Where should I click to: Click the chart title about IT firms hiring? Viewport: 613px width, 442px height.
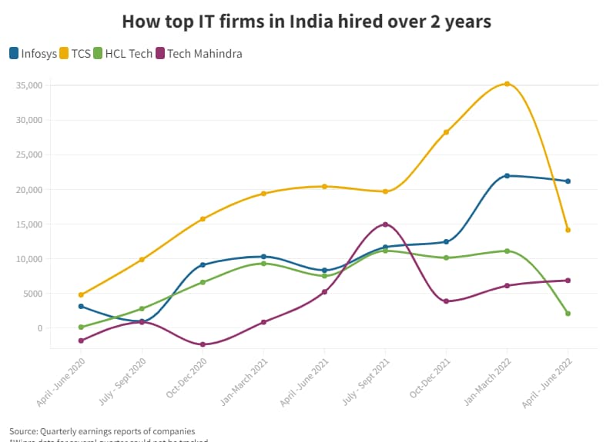click(x=306, y=22)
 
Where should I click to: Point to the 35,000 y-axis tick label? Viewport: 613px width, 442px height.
click(x=29, y=85)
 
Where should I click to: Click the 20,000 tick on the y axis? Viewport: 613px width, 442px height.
click(x=29, y=190)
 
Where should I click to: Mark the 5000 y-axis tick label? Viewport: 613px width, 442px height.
click(x=32, y=294)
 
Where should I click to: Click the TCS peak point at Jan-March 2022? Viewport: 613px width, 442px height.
click(x=507, y=84)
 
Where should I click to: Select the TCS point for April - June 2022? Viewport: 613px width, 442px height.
click(x=568, y=230)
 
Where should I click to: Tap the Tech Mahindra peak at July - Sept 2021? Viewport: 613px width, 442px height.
click(x=385, y=224)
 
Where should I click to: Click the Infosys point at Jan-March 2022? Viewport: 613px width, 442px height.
click(x=507, y=176)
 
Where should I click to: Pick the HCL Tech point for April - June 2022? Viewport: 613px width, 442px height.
click(x=568, y=314)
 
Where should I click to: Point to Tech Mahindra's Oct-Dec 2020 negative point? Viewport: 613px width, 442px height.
click(x=203, y=344)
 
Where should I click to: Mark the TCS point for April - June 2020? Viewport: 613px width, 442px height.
click(x=81, y=294)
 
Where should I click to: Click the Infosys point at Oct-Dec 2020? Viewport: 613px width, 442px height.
click(x=203, y=265)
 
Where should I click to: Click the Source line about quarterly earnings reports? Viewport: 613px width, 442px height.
click(x=102, y=430)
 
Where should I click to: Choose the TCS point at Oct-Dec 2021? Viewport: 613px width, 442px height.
click(x=446, y=132)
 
